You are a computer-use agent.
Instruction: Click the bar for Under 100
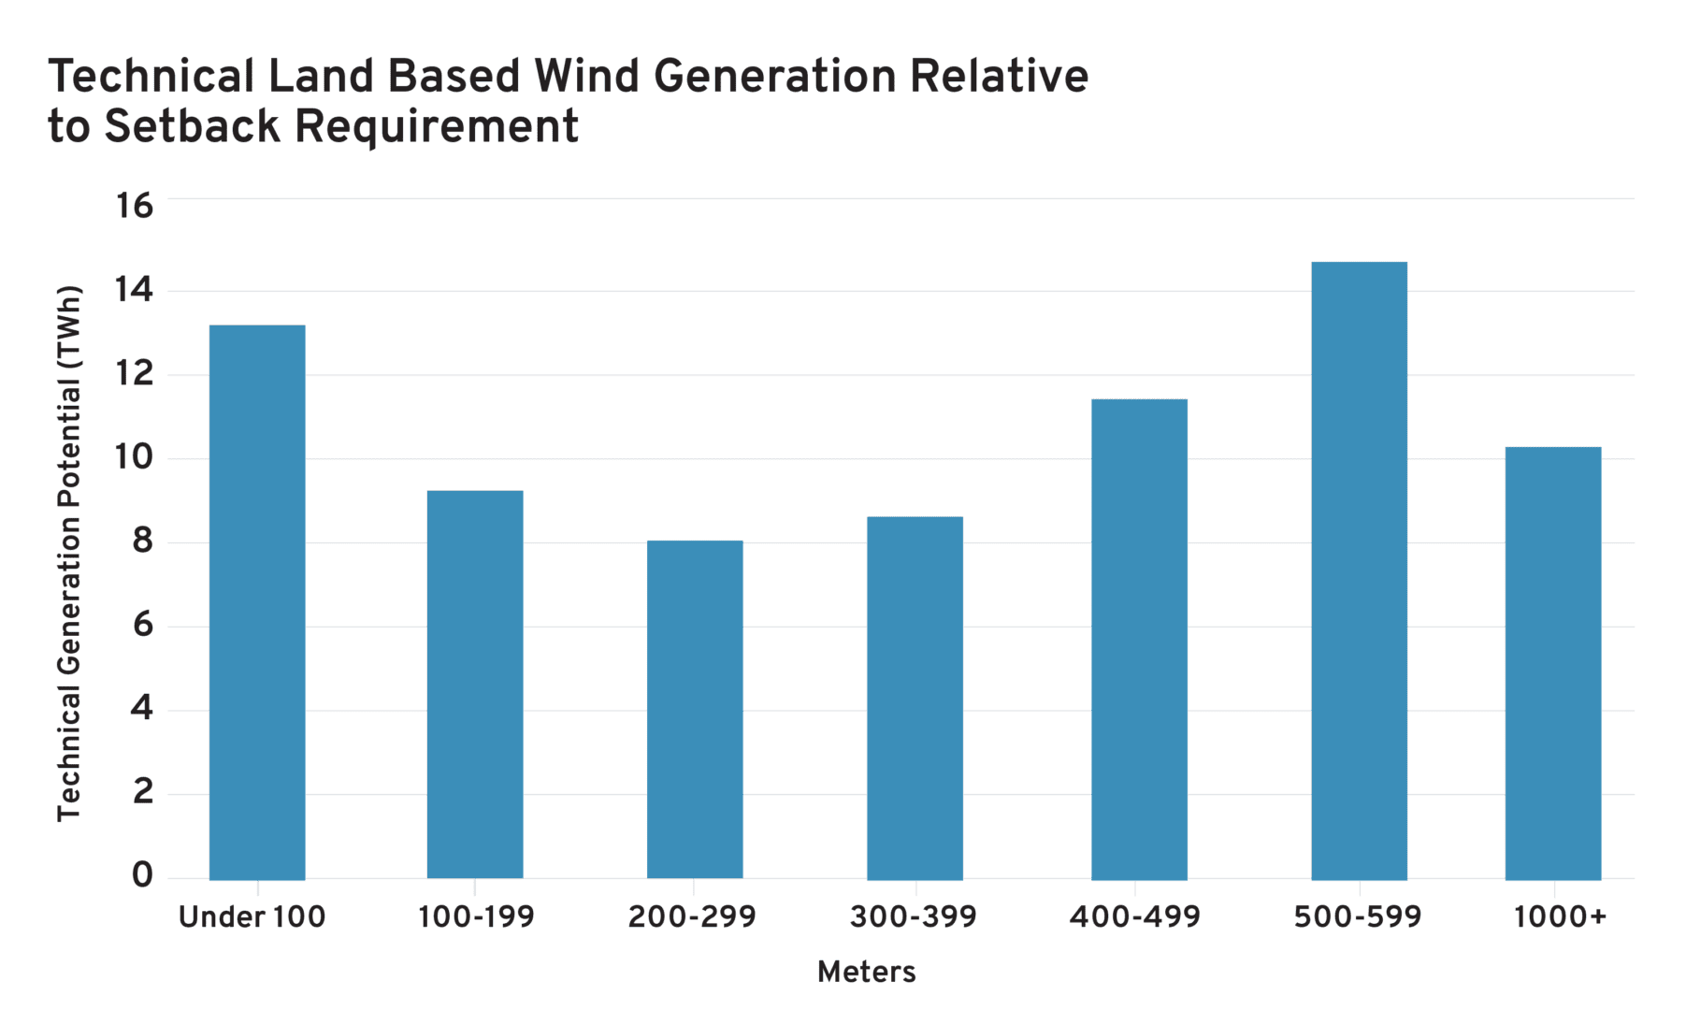click(x=257, y=602)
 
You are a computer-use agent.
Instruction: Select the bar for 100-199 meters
click(x=475, y=685)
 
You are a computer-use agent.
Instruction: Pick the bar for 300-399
click(x=915, y=698)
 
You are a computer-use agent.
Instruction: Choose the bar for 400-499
click(x=1139, y=639)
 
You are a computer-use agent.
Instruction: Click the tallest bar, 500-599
click(x=1359, y=570)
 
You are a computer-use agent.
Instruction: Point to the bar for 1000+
click(x=1552, y=663)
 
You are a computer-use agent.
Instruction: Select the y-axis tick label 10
click(x=134, y=458)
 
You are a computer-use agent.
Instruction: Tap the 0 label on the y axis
click(x=141, y=876)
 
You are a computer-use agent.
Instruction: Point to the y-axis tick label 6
click(x=142, y=625)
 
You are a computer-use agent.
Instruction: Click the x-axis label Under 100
click(x=252, y=917)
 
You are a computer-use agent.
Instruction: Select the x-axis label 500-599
click(x=1358, y=917)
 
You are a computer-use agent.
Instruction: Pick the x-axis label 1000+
click(x=1560, y=917)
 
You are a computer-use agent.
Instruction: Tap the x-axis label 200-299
click(x=692, y=917)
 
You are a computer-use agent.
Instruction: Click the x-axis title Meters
click(x=866, y=973)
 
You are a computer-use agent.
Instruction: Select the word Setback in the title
click(x=192, y=126)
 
